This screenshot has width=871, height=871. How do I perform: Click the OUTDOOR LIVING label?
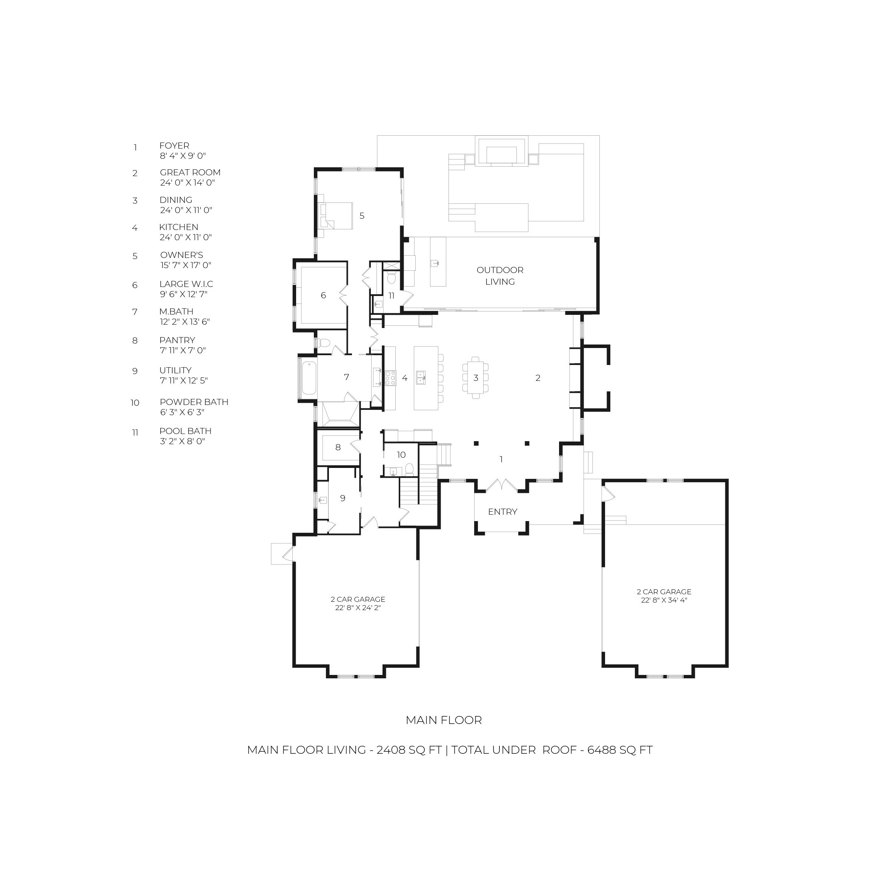coord(500,276)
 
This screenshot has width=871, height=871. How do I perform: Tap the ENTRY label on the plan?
coord(502,512)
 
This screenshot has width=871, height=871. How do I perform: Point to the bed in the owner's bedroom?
coord(336,216)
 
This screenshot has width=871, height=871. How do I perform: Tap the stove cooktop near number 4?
coord(391,378)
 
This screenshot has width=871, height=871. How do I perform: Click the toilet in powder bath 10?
coord(410,469)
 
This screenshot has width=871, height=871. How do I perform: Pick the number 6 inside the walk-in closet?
coord(323,295)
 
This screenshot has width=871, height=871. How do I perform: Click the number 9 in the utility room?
coord(343,498)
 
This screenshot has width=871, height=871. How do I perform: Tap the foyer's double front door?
coord(502,485)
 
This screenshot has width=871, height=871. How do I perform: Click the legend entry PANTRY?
coord(177,340)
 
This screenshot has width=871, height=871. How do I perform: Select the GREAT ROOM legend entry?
coord(190,173)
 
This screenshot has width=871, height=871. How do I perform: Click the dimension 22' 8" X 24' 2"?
coord(358,608)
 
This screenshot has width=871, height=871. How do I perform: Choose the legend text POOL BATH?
coord(185,431)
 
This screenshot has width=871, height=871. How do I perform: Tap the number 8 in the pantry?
coord(338,447)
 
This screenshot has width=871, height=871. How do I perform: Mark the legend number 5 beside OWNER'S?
coord(135,256)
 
